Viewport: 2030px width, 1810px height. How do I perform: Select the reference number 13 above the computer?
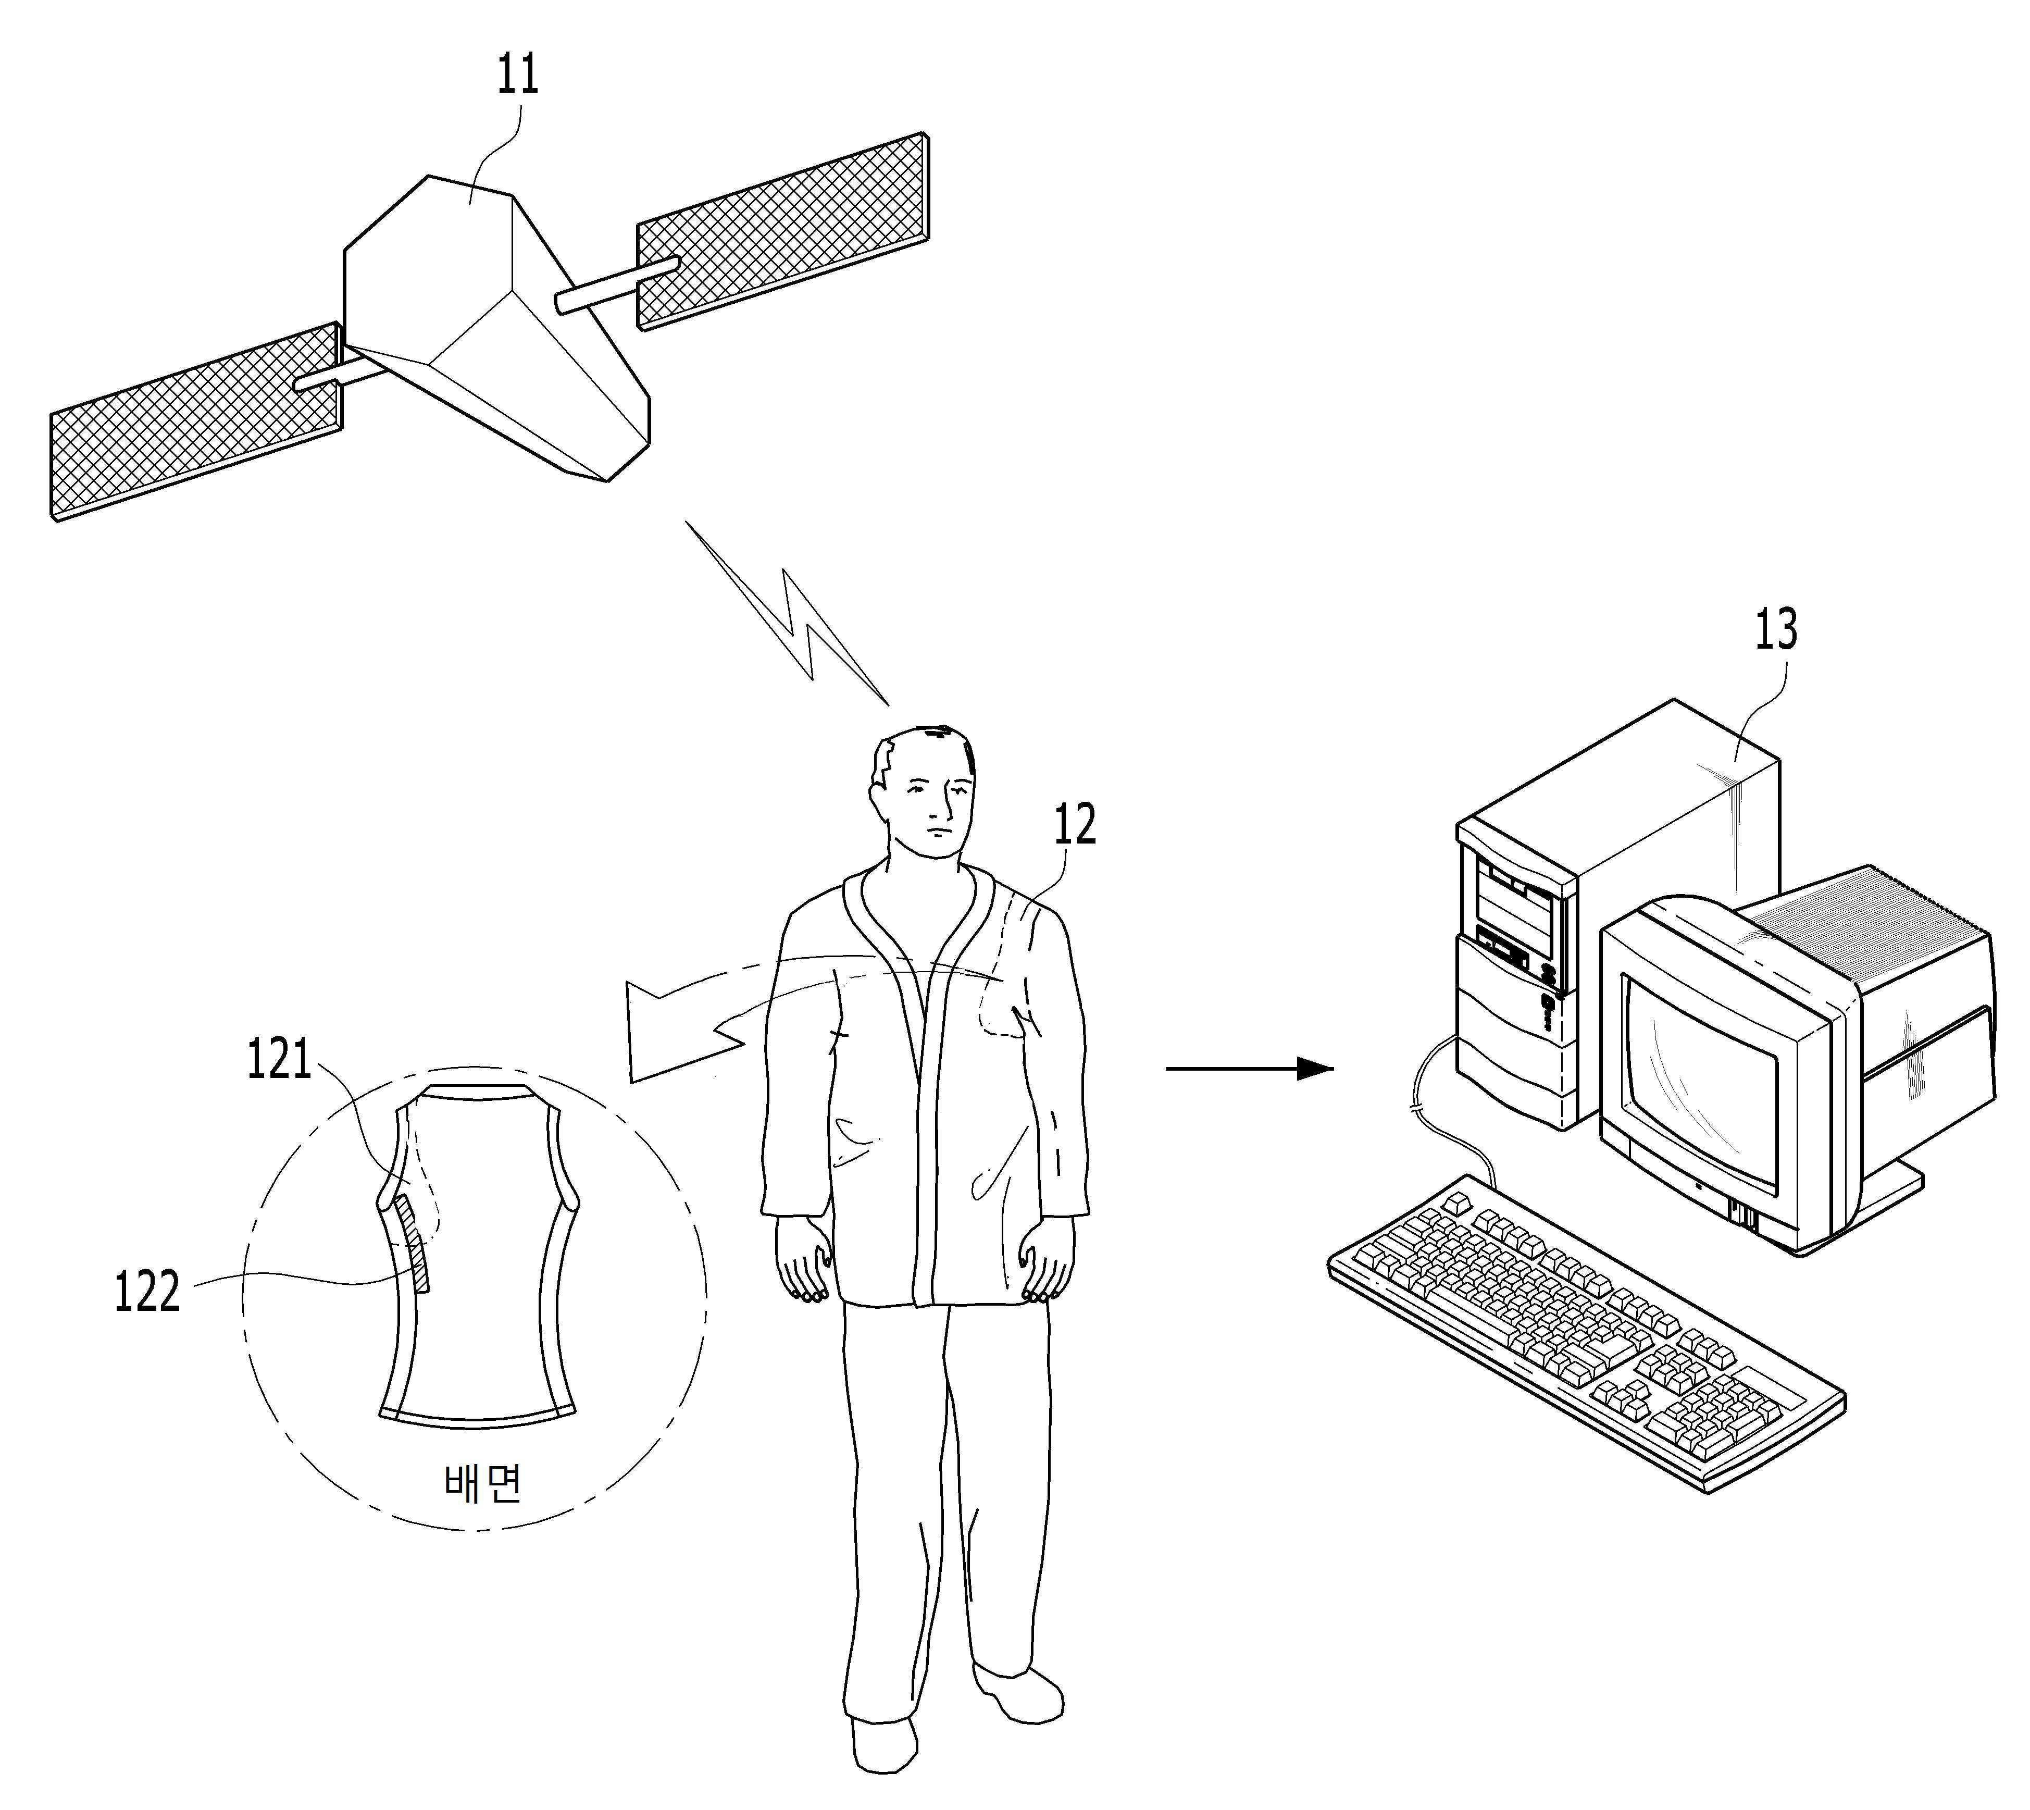pos(1775,629)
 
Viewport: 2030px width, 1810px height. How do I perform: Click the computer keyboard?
pos(1580,1343)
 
